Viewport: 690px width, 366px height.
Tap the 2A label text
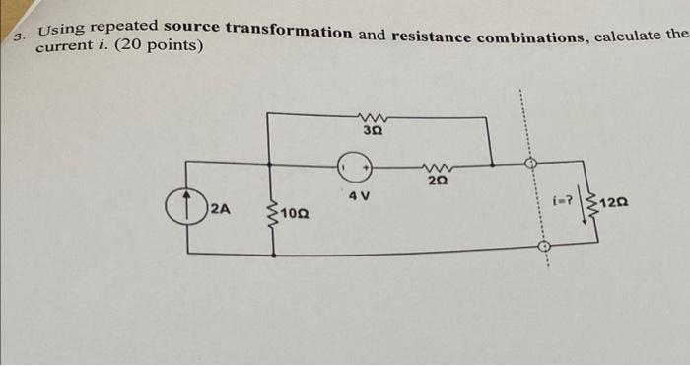coord(220,209)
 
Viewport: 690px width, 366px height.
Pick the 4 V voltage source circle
coord(357,167)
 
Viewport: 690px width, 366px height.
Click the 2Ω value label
coord(434,181)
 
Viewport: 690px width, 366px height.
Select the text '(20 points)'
coord(161,44)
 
